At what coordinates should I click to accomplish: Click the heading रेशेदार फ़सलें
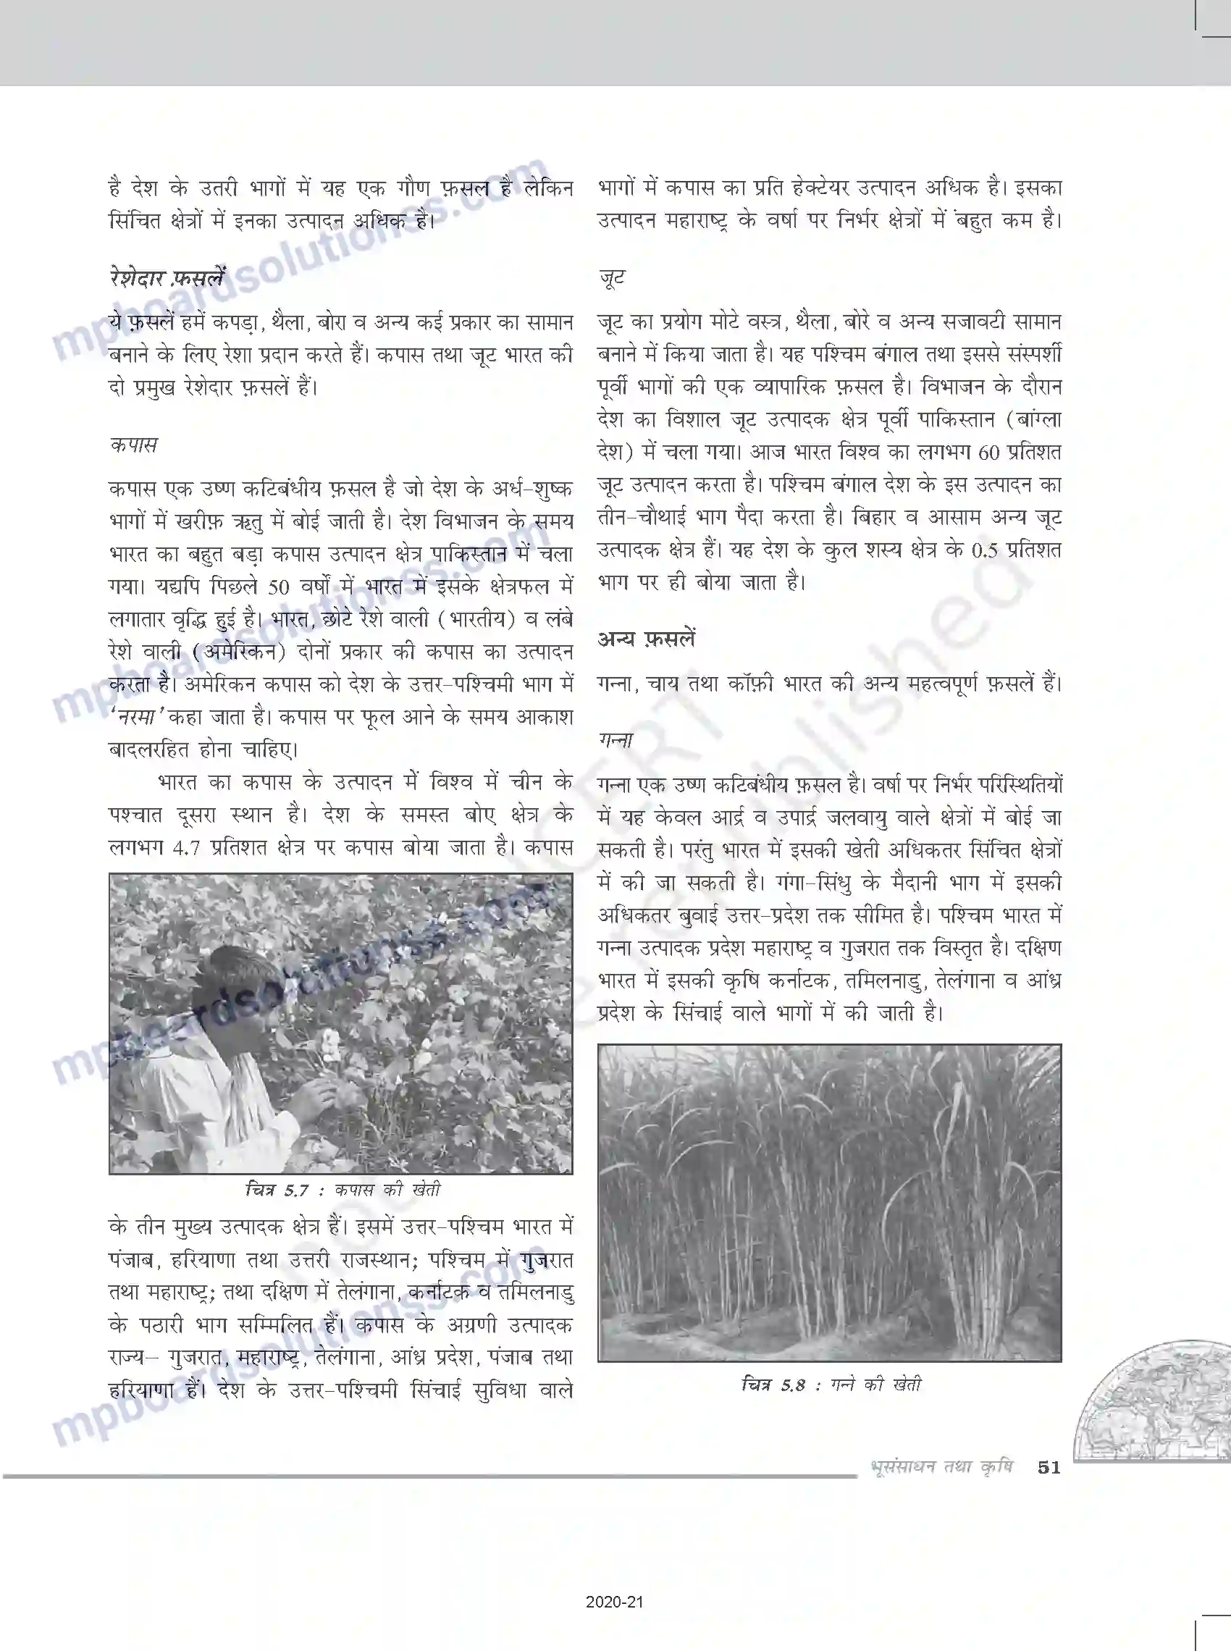coord(165,278)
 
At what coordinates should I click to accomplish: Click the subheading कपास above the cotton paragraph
coord(133,445)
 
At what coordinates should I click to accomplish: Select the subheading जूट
coord(612,278)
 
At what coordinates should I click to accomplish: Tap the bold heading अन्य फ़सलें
coord(646,639)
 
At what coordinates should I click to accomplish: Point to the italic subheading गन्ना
coord(616,740)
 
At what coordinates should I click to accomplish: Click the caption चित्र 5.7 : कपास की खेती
coord(343,1190)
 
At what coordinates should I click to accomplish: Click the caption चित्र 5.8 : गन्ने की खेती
coord(831,1385)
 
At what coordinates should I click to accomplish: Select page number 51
coord(1049,1467)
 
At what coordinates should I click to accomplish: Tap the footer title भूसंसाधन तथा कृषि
coord(941,1467)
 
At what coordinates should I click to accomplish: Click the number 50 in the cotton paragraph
coord(278,587)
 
